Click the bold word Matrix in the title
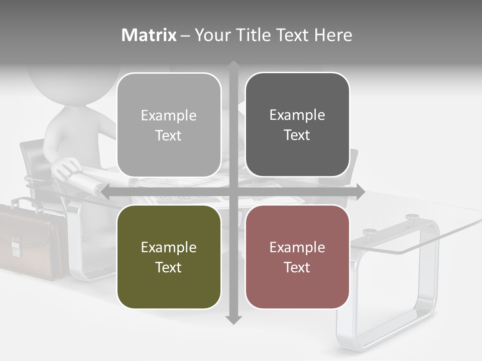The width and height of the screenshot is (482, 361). (x=149, y=35)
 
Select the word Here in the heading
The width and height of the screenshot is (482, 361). (x=333, y=35)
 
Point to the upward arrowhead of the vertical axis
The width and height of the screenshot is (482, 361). (x=233, y=65)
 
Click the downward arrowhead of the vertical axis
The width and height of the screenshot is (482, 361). (x=233, y=319)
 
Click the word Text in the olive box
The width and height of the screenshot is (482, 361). (x=169, y=267)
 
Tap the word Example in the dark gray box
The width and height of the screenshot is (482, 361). (x=297, y=115)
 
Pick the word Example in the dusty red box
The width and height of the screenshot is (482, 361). (x=297, y=247)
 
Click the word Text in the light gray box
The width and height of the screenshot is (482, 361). (x=169, y=135)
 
